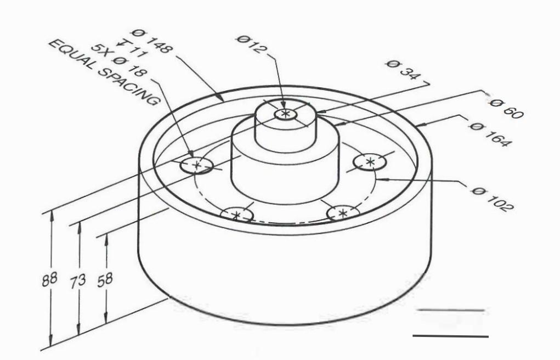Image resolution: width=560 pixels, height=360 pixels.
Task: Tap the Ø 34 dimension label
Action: pos(403,71)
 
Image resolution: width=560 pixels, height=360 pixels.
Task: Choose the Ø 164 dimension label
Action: pos(490,135)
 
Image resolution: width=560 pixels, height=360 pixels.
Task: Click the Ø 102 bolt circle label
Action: pos(492,198)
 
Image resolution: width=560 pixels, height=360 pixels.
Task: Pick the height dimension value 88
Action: pos(49,279)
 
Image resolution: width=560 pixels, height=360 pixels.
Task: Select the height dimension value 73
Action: pos(78,280)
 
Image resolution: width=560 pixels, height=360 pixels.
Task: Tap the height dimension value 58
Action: pos(104,279)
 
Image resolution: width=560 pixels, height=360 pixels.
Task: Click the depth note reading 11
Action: pos(131,48)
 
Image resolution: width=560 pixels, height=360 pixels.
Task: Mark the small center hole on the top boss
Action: pos(285,114)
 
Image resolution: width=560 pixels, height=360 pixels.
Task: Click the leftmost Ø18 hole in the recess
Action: pos(196,165)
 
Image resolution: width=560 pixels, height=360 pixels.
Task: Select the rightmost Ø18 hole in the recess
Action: pos(370,162)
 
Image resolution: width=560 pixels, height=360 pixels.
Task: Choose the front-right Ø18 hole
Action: pos(343,213)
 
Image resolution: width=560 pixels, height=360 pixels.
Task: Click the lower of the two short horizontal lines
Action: pos(450,336)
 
